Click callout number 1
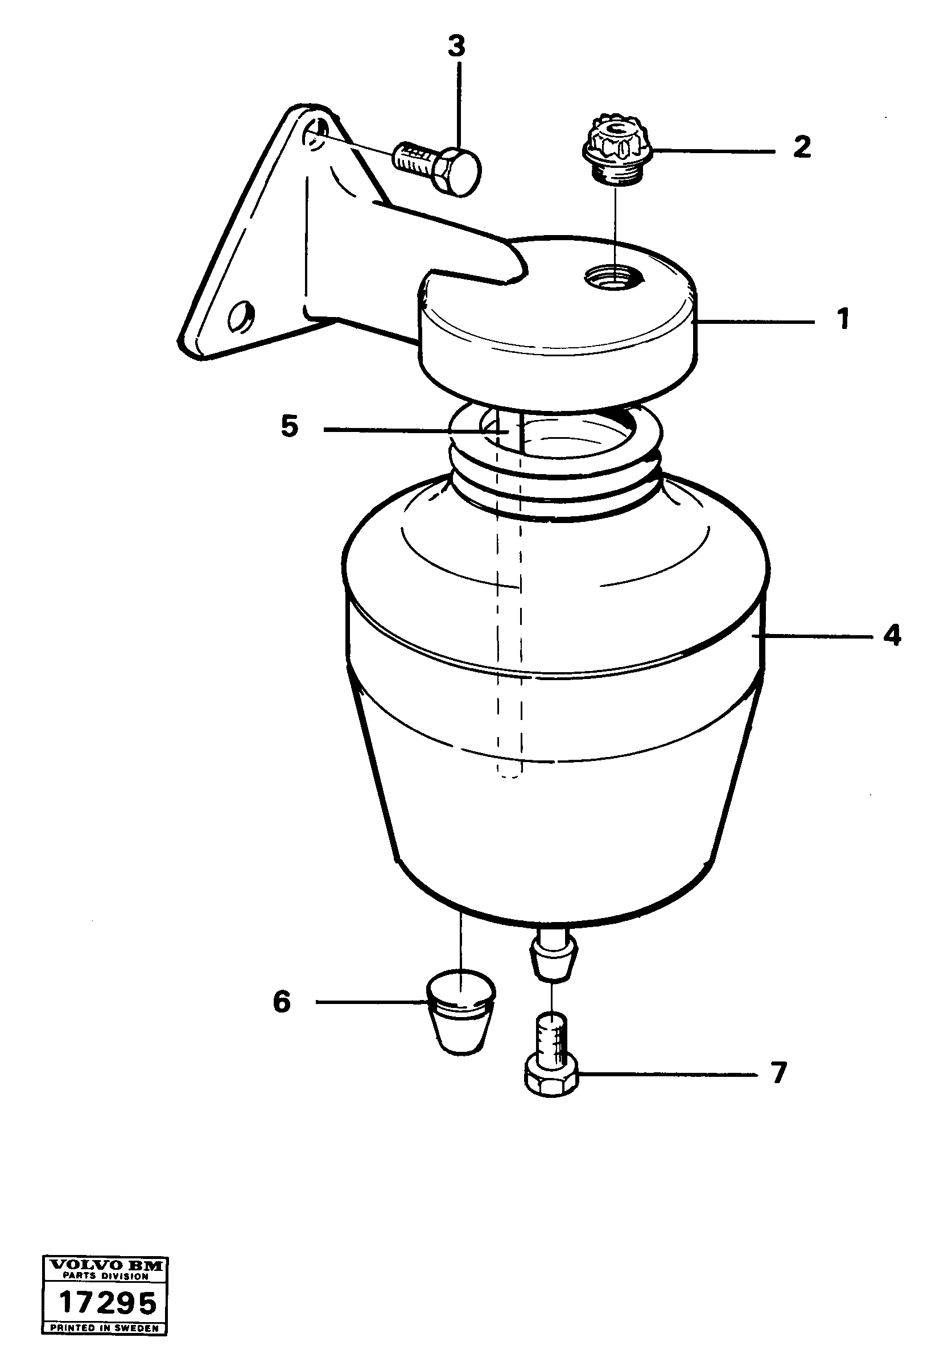[x=844, y=319]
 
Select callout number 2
[x=801, y=147]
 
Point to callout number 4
[x=891, y=635]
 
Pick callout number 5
[x=289, y=426]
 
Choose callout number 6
[x=282, y=1002]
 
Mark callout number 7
[x=778, y=1073]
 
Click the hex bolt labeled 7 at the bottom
[x=551, y=1062]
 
